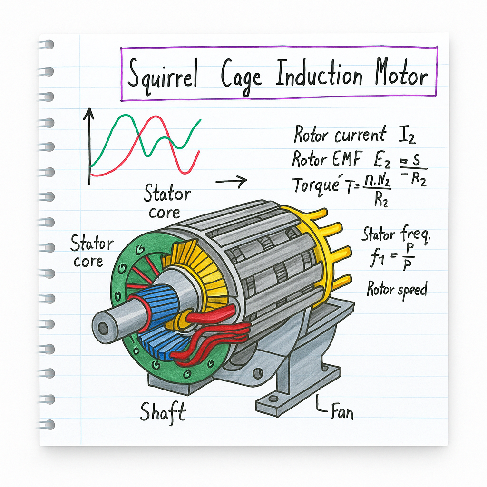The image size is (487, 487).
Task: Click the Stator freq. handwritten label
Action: click(391, 234)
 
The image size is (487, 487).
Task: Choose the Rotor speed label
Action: click(396, 289)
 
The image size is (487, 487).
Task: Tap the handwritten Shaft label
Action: click(162, 412)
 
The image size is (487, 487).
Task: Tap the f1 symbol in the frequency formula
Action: click(377, 261)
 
